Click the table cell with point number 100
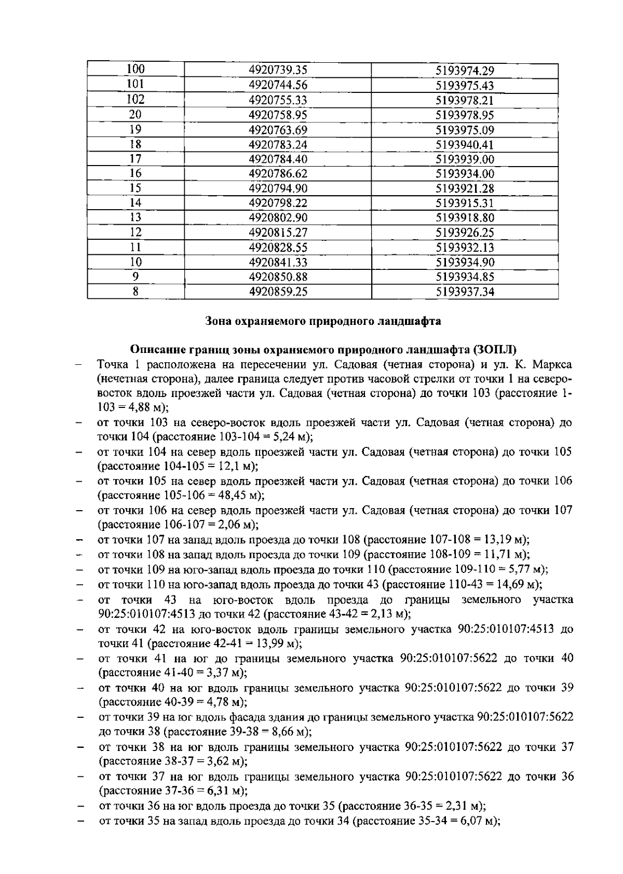coord(136,70)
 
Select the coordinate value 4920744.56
coord(278,85)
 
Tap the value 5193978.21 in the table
coord(465,100)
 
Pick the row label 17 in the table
coord(136,159)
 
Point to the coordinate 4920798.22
coord(278,203)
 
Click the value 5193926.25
coord(465,233)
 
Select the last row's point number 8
coord(136,292)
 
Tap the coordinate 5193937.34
coord(465,292)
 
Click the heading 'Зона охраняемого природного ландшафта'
coord(323,321)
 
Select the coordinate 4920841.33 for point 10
coord(278,262)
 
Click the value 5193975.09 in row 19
coord(465,130)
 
